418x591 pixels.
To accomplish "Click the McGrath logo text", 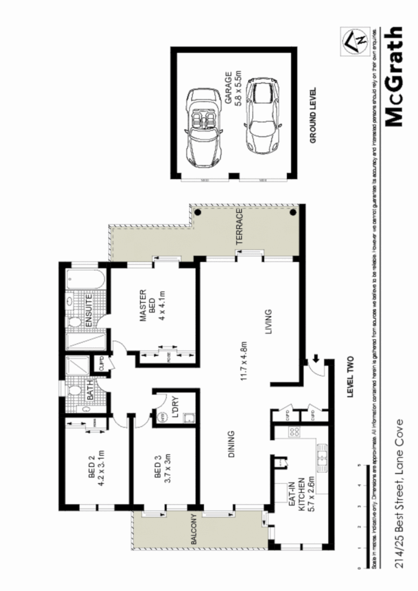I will point(393,77).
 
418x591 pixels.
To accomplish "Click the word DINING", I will point(232,444).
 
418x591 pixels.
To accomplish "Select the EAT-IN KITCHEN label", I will point(295,492).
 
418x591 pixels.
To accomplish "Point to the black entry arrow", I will point(316,358).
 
